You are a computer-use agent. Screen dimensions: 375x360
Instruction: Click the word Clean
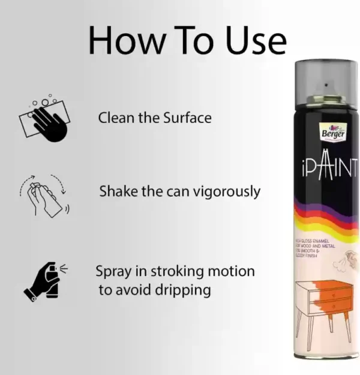[x=117, y=118]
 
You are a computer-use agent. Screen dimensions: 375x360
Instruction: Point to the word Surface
[x=187, y=118]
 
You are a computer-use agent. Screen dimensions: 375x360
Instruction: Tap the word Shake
[x=118, y=191]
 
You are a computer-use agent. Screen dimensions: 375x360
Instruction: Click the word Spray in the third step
[x=113, y=271]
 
